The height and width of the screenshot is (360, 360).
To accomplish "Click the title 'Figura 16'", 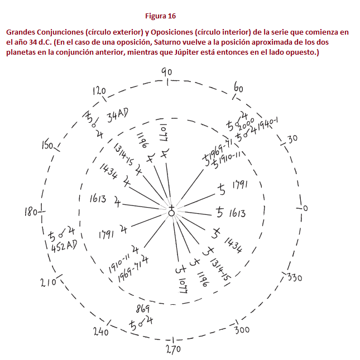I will pyautogui.click(x=160, y=16).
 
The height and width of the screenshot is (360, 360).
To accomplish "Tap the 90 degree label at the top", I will pyautogui.click(x=166, y=71).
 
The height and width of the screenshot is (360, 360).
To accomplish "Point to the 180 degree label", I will pyautogui.click(x=31, y=212).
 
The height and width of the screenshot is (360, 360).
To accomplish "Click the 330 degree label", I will pyautogui.click(x=294, y=277).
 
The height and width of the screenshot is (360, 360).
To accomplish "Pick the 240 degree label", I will pyautogui.click(x=100, y=332).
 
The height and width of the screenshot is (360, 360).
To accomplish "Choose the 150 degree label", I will pyautogui.click(x=47, y=146).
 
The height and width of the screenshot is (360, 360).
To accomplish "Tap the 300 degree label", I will pyautogui.click(x=241, y=330).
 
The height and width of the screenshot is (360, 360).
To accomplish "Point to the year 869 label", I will pyautogui.click(x=142, y=309).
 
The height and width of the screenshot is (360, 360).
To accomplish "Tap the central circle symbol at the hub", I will pyautogui.click(x=171, y=213).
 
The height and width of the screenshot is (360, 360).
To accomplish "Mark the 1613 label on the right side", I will pyautogui.click(x=237, y=213).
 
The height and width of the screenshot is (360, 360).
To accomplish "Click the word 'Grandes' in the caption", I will pyautogui.click(x=21, y=32).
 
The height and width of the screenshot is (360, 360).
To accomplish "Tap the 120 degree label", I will pyautogui.click(x=99, y=91).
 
